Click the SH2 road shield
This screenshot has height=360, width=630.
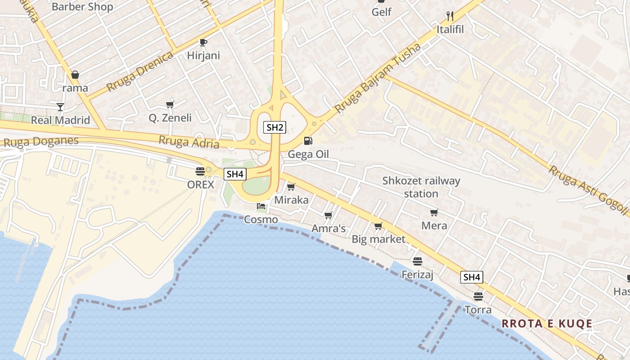(274, 127)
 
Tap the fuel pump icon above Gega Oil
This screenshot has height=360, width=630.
(308, 141)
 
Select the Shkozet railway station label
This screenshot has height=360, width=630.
(421, 187)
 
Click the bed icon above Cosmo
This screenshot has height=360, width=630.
(261, 207)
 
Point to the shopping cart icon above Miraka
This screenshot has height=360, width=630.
(291, 187)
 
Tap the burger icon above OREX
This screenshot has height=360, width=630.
(200, 171)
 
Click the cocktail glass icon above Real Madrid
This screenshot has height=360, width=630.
(60, 107)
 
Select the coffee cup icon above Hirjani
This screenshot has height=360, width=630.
(203, 42)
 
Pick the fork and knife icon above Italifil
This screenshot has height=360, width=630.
(450, 16)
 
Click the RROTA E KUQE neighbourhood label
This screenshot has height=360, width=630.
(547, 324)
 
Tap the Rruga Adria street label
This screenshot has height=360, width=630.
(189, 142)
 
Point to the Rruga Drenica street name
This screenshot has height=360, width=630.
(140, 72)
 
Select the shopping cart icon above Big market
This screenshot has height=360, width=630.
(378, 226)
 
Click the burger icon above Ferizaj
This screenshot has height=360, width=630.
(418, 261)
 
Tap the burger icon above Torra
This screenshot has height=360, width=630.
(478, 297)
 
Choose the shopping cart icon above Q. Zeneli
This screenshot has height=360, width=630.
(170, 105)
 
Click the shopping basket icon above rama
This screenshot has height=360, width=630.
(75, 75)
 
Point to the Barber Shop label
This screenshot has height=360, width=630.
(82, 7)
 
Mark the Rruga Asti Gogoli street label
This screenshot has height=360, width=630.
(588, 189)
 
